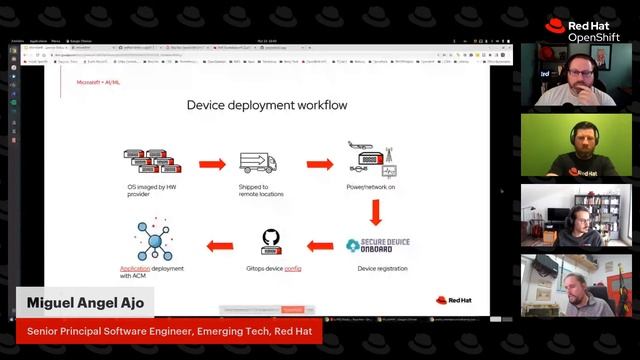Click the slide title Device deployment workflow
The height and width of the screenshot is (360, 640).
pyautogui.click(x=267, y=105)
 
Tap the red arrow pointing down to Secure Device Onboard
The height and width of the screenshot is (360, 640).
pyautogui.click(x=376, y=212)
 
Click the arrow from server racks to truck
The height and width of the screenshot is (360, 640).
pyautogui.click(x=211, y=164)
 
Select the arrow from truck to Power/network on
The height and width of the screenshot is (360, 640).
pyautogui.click(x=319, y=164)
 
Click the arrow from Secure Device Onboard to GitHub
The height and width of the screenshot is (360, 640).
pyautogui.click(x=319, y=244)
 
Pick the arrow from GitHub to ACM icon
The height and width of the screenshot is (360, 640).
pyautogui.click(x=219, y=244)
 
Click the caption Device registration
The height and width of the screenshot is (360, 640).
pyautogui.click(x=376, y=268)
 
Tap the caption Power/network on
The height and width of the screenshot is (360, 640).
pyautogui.click(x=370, y=187)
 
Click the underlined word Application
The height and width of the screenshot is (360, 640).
pyautogui.click(x=134, y=268)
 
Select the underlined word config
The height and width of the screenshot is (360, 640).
pyautogui.click(x=293, y=268)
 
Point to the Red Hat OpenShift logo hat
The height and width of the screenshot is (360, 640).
pyautogui.click(x=556, y=27)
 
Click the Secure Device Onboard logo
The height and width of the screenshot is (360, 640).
pyautogui.click(x=377, y=244)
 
